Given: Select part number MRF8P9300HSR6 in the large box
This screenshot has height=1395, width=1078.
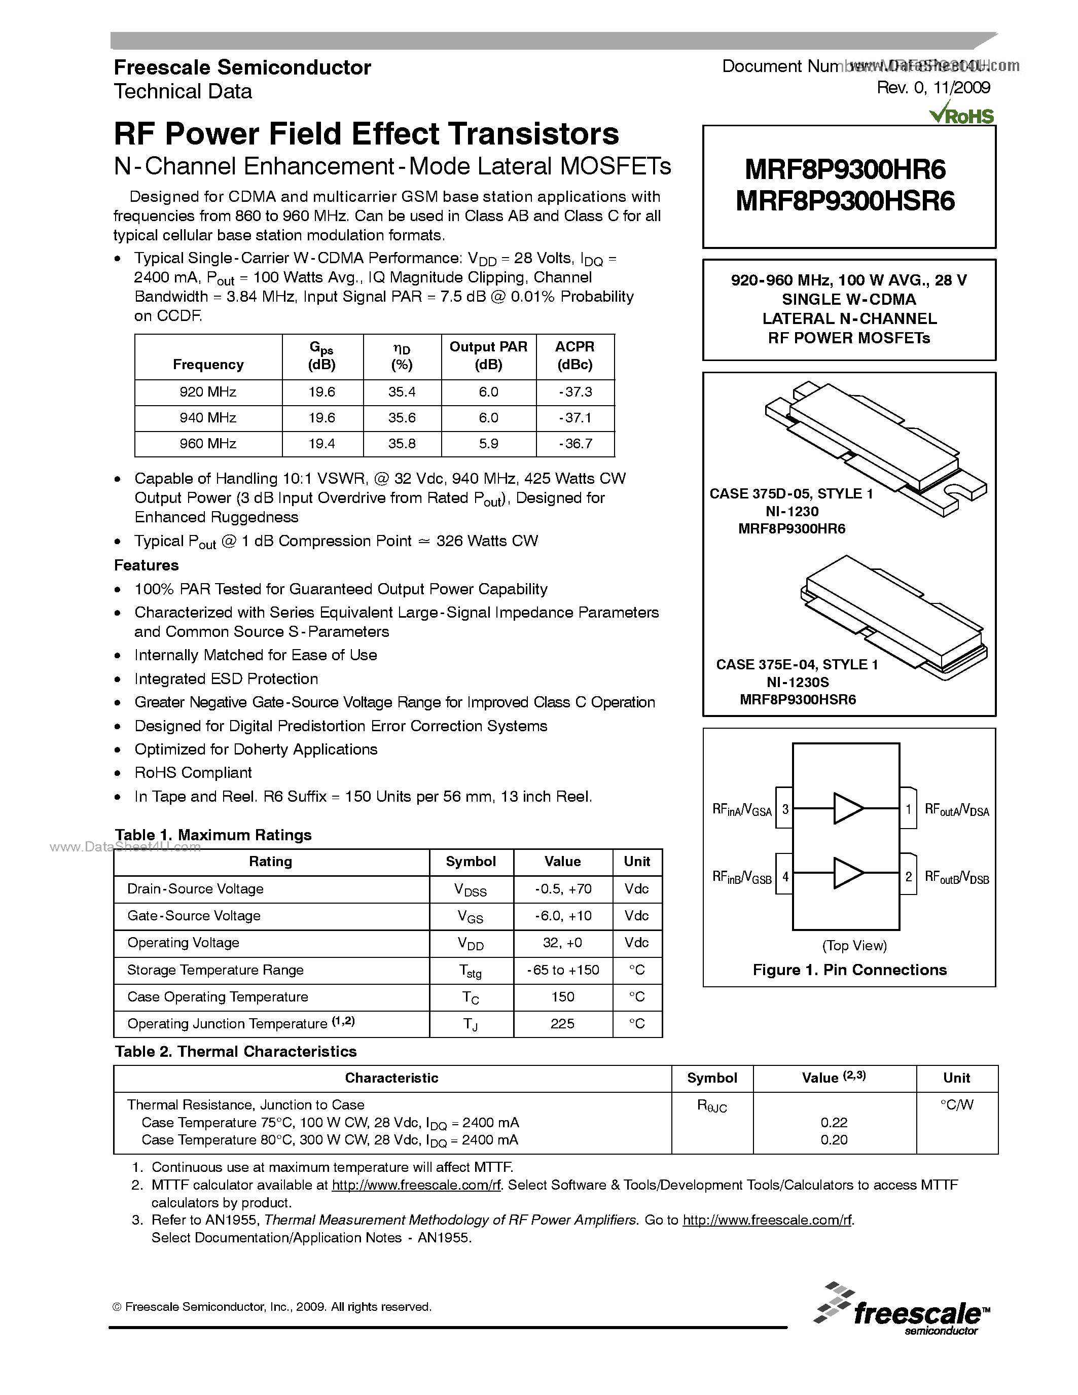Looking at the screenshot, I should pyautogui.click(x=845, y=202).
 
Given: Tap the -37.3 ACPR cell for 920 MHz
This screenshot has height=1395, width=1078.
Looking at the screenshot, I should pyautogui.click(x=575, y=391).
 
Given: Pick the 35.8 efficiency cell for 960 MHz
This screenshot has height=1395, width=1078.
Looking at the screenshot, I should pyautogui.click(x=402, y=443).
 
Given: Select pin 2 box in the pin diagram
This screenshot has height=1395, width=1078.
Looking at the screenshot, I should pyautogui.click(x=908, y=876).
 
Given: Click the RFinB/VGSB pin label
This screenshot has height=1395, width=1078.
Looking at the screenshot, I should pyautogui.click(x=741, y=878).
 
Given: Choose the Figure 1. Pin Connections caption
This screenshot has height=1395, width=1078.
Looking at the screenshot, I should pyautogui.click(x=849, y=970).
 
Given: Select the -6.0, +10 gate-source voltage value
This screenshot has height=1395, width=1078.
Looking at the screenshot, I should pyautogui.click(x=563, y=915).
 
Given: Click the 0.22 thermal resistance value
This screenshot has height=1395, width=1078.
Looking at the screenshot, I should pyautogui.click(x=834, y=1122).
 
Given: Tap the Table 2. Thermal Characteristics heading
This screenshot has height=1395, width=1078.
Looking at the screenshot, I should pyautogui.click(x=236, y=1051).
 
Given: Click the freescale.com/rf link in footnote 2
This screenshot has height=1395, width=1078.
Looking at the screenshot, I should pyautogui.click(x=416, y=1185).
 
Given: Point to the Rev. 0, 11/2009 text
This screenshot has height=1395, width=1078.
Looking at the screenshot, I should pyautogui.click(x=933, y=88).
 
